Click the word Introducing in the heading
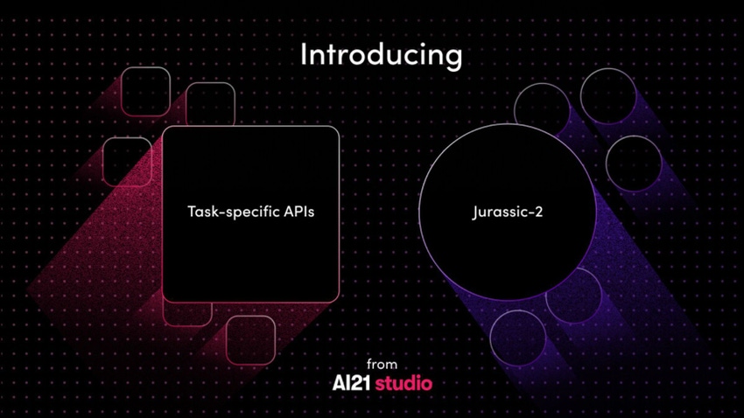381,56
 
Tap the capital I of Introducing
304,54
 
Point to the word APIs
299,212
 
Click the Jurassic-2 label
507,212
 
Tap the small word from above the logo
382,364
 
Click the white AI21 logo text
351,383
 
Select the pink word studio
404,383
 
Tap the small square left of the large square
103,161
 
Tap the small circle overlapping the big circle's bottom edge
600,296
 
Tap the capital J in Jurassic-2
475,212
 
